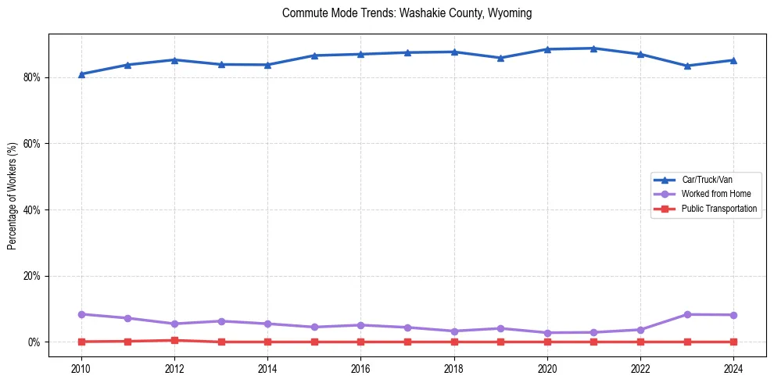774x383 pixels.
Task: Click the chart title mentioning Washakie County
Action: point(407,13)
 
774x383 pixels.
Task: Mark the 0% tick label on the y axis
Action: point(35,342)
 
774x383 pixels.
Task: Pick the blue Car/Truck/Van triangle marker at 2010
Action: point(81,74)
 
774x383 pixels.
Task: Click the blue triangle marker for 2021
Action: point(593,48)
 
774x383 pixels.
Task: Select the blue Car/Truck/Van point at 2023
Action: point(687,66)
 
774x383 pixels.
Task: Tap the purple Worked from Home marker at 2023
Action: point(687,314)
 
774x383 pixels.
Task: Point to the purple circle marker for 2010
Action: point(81,314)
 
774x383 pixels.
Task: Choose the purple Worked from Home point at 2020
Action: point(547,333)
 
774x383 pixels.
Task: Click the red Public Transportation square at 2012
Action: point(174,340)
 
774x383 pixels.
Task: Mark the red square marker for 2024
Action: point(733,342)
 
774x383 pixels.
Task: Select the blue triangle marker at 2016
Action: point(360,54)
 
